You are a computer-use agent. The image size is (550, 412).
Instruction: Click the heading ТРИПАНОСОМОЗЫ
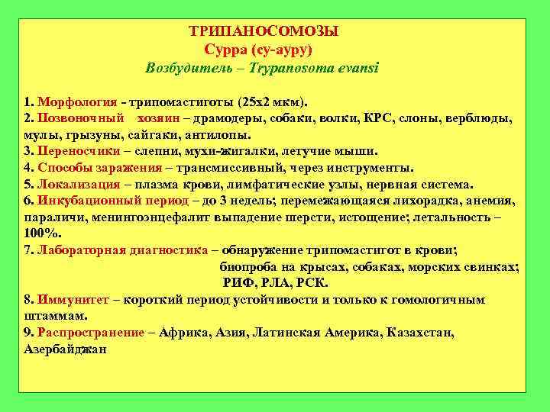click(x=264, y=32)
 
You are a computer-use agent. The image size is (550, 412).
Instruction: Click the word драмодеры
click(x=235, y=119)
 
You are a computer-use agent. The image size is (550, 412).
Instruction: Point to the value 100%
click(x=39, y=233)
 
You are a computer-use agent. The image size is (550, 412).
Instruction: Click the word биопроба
click(x=247, y=267)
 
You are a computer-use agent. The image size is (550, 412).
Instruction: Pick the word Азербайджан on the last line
click(x=64, y=349)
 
